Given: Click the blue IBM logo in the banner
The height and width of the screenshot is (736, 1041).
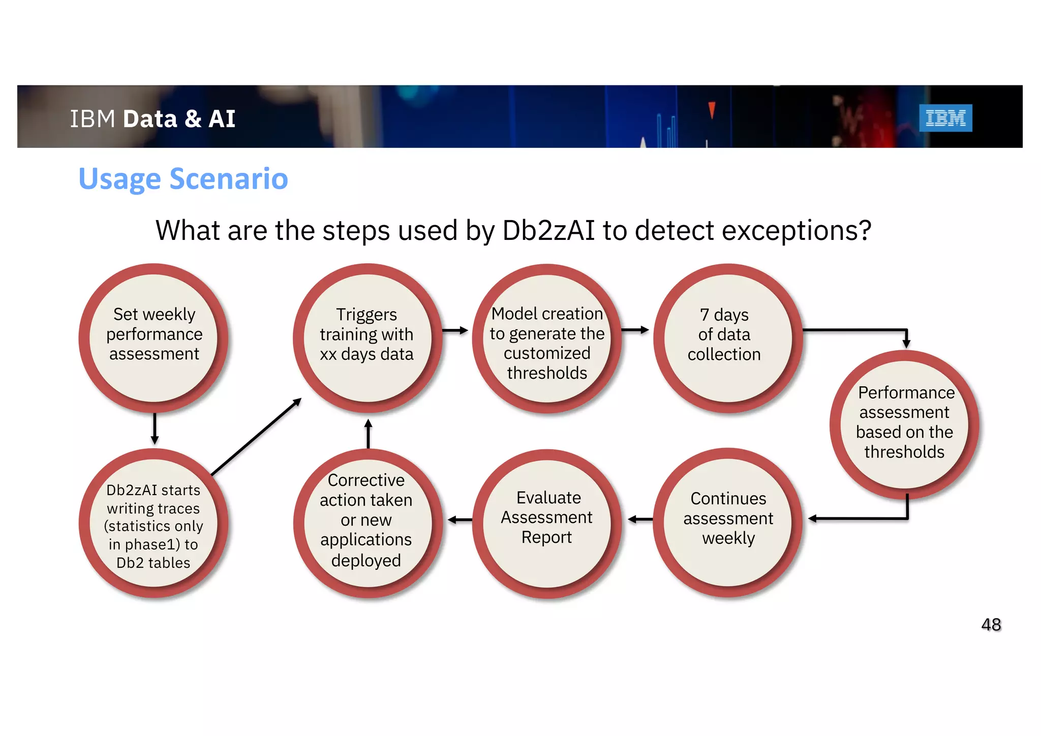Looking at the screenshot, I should [945, 118].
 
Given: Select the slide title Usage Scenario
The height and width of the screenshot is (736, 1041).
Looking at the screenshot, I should [183, 179].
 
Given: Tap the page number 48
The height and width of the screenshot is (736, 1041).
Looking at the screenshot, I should [991, 624].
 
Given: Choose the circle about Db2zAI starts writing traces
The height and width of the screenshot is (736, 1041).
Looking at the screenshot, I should [154, 524].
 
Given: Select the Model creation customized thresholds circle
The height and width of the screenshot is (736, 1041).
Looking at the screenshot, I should [547, 339].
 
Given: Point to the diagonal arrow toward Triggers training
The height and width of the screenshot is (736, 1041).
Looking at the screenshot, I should [256, 437].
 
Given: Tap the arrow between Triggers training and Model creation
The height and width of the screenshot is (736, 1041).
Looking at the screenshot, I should [455, 330].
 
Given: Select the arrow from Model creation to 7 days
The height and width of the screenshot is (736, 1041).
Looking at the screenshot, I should [635, 330].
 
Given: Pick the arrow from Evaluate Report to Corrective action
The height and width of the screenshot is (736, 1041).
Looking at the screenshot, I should [460, 519].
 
